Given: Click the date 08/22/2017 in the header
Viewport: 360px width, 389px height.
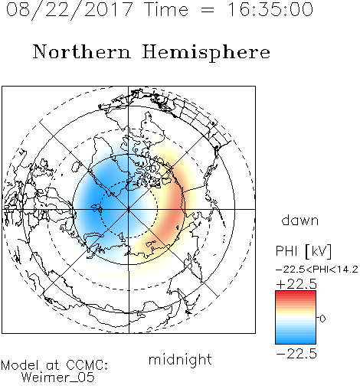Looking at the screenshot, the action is pyautogui.click(x=69, y=10).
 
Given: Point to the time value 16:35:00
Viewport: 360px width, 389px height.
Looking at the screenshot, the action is pyautogui.click(x=270, y=9).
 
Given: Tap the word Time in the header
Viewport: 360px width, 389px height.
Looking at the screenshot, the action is pyautogui.click(x=166, y=9).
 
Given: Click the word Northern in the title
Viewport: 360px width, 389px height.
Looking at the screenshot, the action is pyautogui.click(x=82, y=52).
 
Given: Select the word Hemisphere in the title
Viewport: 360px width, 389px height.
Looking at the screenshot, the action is pyautogui.click(x=206, y=53).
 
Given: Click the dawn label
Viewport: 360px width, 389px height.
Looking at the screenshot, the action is pyautogui.click(x=300, y=220).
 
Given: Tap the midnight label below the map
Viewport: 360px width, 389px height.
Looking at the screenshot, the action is pyautogui.click(x=180, y=359).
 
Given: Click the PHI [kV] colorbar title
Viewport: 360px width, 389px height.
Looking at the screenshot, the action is pyautogui.click(x=303, y=251).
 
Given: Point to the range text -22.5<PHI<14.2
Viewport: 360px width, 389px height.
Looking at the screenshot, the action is pyautogui.click(x=316, y=270).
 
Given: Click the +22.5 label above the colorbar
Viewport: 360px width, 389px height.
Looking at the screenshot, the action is pyautogui.click(x=296, y=284).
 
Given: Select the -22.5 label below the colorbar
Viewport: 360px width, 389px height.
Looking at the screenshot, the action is pyautogui.click(x=296, y=354).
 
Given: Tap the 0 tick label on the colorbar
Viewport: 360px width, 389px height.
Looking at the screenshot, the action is pyautogui.click(x=322, y=319).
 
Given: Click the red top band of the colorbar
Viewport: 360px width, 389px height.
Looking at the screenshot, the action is pyautogui.click(x=296, y=294).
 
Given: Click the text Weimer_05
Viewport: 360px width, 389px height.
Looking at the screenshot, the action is pyautogui.click(x=58, y=378).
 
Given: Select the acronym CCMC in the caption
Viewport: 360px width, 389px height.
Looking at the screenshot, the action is pyautogui.click(x=87, y=365).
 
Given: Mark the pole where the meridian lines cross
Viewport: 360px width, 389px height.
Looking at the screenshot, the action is pyautogui.click(x=129, y=209).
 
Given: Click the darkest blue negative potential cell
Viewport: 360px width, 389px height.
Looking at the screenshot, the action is pyautogui.click(x=93, y=201).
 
